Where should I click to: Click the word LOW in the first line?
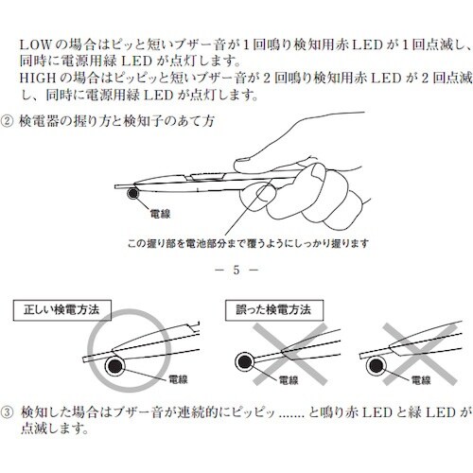point(34,44)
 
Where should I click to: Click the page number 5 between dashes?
point(236,272)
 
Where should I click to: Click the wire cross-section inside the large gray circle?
point(117,365)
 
